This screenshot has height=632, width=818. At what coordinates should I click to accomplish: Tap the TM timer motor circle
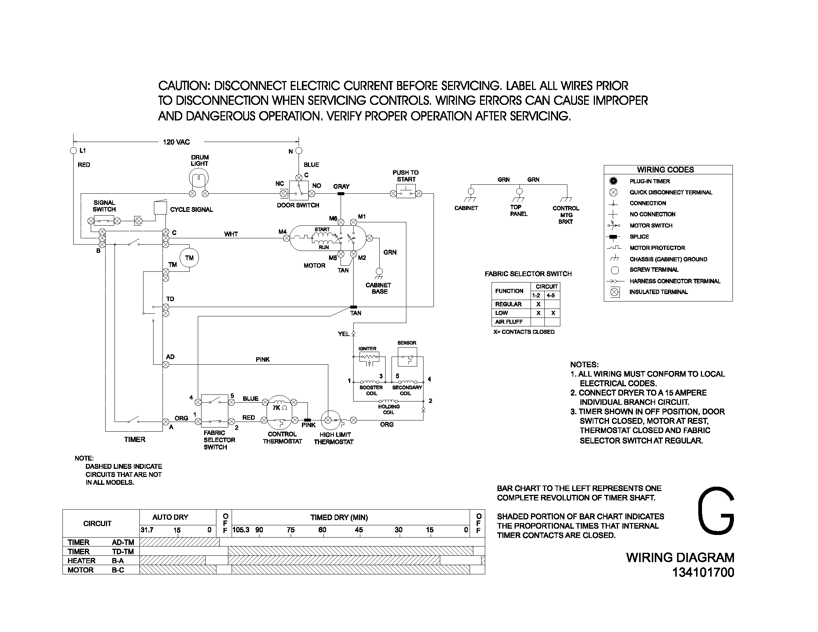(x=189, y=258)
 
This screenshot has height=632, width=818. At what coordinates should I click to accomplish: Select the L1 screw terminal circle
(x=73, y=151)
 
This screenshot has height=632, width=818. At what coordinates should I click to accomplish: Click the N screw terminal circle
(x=299, y=151)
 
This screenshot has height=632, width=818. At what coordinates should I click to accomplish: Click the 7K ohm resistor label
(x=279, y=408)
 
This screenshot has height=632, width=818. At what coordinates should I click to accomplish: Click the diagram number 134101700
(x=703, y=573)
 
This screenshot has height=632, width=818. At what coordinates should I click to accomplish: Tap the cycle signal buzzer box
(x=160, y=208)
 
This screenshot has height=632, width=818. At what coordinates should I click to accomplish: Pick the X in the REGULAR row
(x=538, y=304)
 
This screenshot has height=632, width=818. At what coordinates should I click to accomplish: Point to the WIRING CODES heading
(x=665, y=170)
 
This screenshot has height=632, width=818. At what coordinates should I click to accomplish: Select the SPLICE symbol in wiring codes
(x=613, y=236)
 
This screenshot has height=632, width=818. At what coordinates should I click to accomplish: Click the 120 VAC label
(x=176, y=142)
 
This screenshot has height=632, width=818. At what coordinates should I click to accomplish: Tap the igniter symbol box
(x=369, y=357)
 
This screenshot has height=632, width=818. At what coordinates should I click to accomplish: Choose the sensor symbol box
(x=407, y=357)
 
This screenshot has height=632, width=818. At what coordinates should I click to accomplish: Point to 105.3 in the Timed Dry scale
(x=241, y=530)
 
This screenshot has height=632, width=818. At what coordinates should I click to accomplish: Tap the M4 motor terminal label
(x=283, y=232)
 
